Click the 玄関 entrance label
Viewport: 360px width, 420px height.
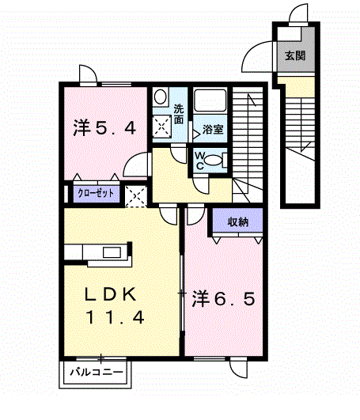(x=295, y=55)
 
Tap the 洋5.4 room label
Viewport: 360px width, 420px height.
(x=104, y=128)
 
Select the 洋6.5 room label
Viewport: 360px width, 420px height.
(x=223, y=299)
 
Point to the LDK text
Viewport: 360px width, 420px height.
(x=111, y=294)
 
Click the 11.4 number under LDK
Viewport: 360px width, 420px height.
(x=115, y=317)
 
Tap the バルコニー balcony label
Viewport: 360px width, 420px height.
(x=97, y=372)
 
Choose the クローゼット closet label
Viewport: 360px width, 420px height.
(x=96, y=193)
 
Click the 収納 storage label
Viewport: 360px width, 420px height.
(x=238, y=221)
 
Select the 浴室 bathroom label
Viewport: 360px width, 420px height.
(x=213, y=130)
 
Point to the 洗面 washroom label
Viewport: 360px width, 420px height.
(x=179, y=114)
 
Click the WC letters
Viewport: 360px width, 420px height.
(x=200, y=161)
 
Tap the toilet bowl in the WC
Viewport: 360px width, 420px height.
(x=214, y=161)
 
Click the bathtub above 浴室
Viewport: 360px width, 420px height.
(x=210, y=100)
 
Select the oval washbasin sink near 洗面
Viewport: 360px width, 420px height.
(x=160, y=96)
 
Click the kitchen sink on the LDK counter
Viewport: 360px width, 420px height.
(x=112, y=252)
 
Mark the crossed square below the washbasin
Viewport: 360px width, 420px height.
(x=161, y=127)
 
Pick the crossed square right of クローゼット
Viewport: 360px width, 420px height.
(x=136, y=196)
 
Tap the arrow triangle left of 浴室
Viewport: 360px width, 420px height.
(x=196, y=133)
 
